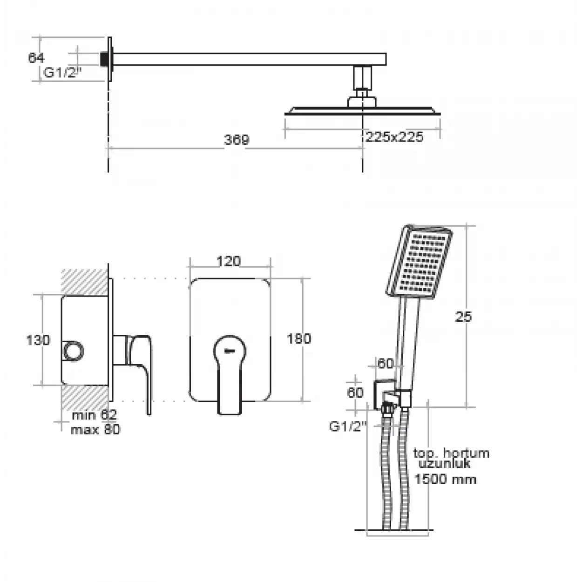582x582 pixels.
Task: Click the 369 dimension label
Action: click(x=237, y=140)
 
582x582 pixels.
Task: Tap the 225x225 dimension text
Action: click(x=394, y=137)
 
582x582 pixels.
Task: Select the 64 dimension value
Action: click(x=36, y=57)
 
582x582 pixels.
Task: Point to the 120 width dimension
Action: click(x=229, y=261)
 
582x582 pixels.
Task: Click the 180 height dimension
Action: click(x=299, y=338)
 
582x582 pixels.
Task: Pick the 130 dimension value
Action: click(x=38, y=340)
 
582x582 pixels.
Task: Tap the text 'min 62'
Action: click(x=94, y=415)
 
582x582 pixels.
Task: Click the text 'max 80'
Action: click(x=95, y=429)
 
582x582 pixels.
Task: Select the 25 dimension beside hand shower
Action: click(x=463, y=317)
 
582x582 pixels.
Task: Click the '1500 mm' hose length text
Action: click(x=445, y=479)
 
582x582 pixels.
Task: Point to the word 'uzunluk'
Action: click(x=444, y=463)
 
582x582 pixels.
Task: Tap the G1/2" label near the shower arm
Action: click(x=63, y=73)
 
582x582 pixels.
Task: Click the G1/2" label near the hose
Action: click(x=348, y=426)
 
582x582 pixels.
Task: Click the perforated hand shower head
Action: click(x=419, y=261)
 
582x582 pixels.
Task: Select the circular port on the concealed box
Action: click(x=74, y=351)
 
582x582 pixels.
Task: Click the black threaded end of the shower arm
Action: click(x=104, y=59)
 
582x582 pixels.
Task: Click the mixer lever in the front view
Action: click(x=230, y=374)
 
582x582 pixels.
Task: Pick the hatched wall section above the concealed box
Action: click(x=85, y=282)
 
